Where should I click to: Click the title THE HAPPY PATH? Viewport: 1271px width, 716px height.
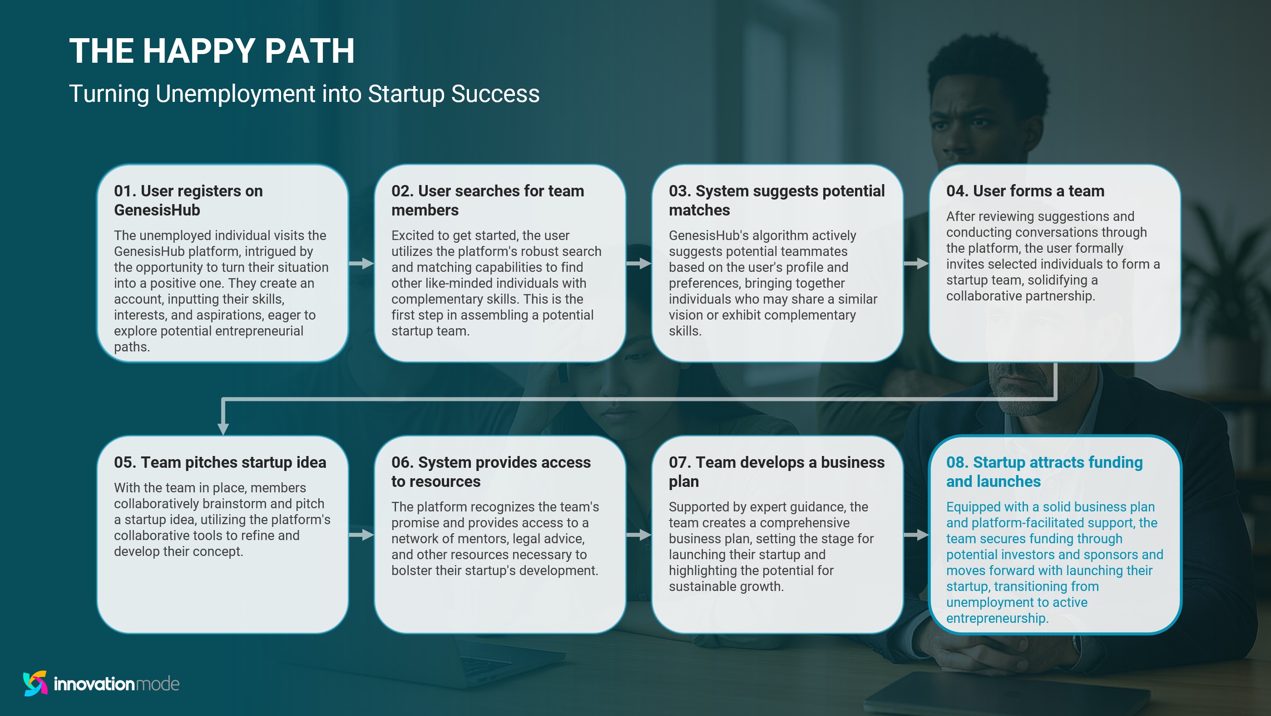coord(212,51)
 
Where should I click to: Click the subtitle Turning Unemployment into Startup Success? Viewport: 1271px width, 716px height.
coord(304,94)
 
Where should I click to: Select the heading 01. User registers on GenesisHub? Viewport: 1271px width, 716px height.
coord(188,200)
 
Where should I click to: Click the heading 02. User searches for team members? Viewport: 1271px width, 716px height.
coord(488,200)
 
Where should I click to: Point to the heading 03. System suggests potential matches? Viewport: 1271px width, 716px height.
coord(776,200)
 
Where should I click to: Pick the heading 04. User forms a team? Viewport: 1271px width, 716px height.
coord(1025,191)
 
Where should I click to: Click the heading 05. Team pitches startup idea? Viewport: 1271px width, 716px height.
coord(220,462)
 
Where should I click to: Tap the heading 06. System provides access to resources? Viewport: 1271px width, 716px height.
coord(490,471)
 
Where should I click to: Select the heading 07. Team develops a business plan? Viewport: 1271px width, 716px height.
coord(776,471)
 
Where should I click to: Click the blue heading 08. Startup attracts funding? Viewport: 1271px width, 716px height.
coord(1044,471)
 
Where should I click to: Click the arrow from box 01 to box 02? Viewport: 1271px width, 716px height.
coord(361,263)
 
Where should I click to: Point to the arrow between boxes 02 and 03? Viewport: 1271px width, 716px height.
coord(639,263)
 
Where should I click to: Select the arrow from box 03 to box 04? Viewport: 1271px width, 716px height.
coord(916,263)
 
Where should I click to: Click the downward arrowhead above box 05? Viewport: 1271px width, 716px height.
coord(223,427)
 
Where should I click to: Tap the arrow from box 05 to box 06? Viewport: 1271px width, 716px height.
coord(361,535)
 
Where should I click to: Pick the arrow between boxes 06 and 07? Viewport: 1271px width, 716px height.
coord(639,535)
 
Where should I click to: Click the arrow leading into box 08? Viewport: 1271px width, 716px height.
coord(916,535)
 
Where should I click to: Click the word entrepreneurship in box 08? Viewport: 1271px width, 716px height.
coord(997,618)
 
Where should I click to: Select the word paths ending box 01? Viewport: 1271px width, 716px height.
coord(131,347)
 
